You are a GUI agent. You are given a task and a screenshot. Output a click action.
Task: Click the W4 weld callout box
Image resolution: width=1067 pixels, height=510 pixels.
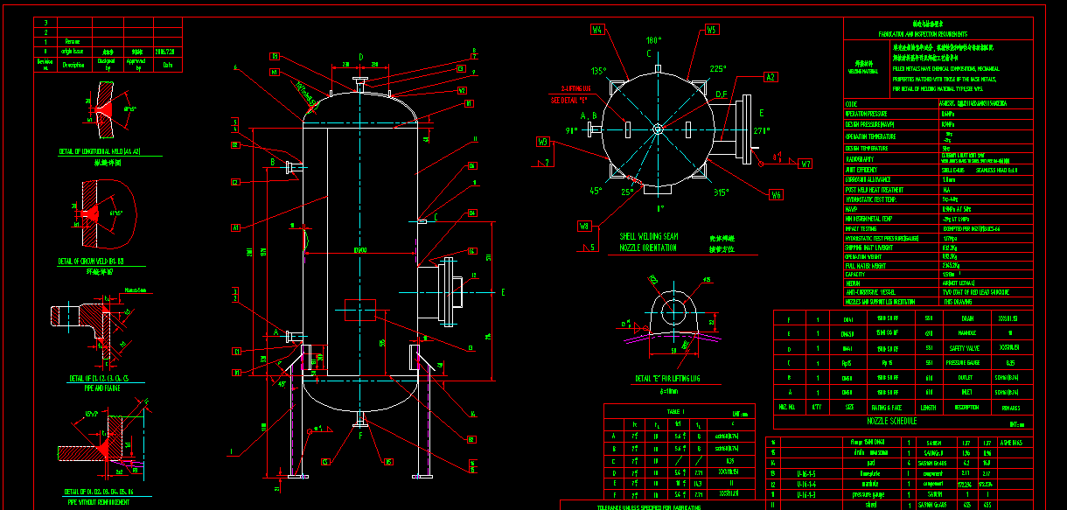(x=597, y=29)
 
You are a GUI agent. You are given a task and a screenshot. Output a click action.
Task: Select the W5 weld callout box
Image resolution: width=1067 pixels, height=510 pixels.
(x=711, y=29)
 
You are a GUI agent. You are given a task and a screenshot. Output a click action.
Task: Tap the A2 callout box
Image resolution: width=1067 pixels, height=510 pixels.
(x=770, y=77)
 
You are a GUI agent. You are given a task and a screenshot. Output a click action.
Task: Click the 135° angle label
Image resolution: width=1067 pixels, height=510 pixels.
(x=598, y=71)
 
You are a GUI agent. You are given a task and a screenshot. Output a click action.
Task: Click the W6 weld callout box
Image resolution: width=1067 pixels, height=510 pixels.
(x=776, y=194)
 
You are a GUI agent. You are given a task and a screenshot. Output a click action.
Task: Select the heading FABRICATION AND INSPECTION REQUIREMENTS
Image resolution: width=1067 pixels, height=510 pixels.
(x=933, y=32)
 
